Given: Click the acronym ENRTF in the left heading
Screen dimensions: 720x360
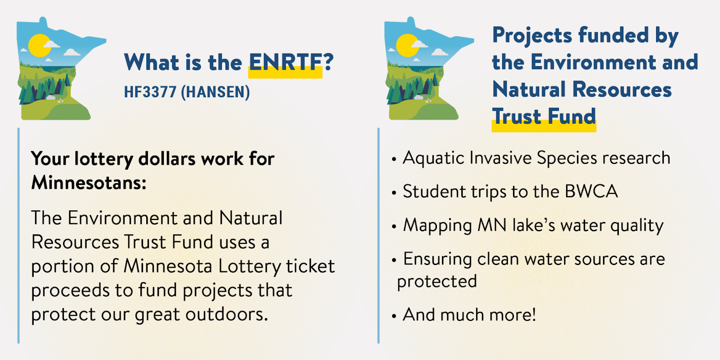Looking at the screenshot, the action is (x=285, y=62).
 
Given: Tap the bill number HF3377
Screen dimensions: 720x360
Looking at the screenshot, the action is (x=150, y=92).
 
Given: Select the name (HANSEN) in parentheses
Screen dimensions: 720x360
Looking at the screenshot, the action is (x=216, y=92).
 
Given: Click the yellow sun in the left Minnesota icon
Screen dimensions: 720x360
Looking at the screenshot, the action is (x=40, y=45).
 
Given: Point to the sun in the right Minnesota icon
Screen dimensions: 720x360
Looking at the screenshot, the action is (x=407, y=45).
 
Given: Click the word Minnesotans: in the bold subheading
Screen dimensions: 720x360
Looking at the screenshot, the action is (x=89, y=183).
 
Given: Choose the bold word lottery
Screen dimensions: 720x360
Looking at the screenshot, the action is (x=103, y=159).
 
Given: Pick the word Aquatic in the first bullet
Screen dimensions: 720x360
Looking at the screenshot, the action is (x=434, y=158).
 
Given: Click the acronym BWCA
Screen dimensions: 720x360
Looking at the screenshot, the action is (x=591, y=192).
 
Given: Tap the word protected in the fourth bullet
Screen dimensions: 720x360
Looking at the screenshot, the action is (x=437, y=282).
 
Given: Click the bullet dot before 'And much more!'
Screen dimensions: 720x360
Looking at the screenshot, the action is (x=394, y=316).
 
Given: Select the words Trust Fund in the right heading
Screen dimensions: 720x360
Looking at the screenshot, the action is (x=544, y=116).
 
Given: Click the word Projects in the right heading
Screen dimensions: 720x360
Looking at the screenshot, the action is (x=532, y=36).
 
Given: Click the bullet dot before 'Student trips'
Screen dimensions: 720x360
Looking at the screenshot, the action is (x=394, y=193).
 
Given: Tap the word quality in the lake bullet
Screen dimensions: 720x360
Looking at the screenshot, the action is (x=637, y=225).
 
